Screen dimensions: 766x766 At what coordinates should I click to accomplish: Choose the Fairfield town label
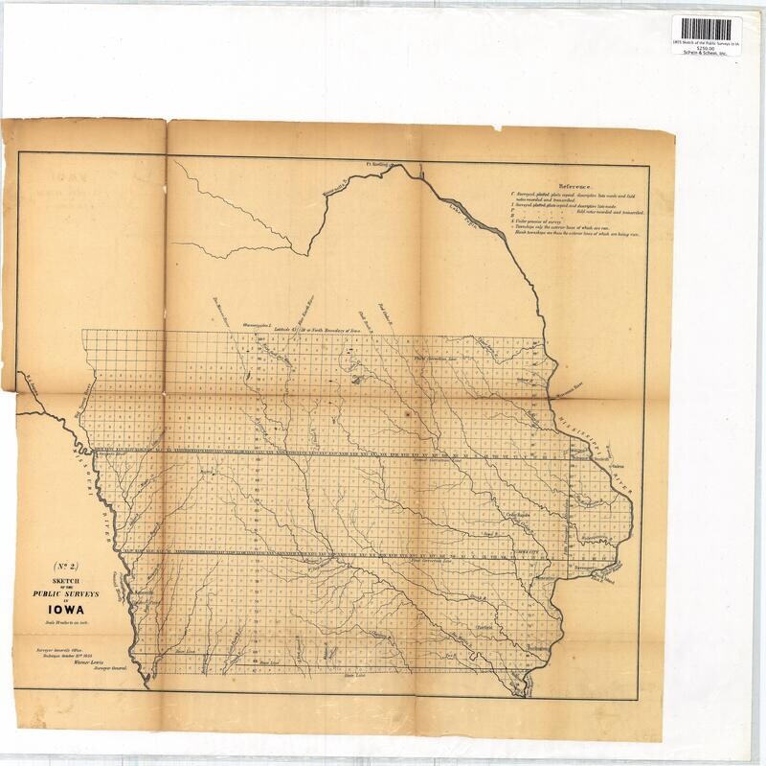point(484,629)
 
